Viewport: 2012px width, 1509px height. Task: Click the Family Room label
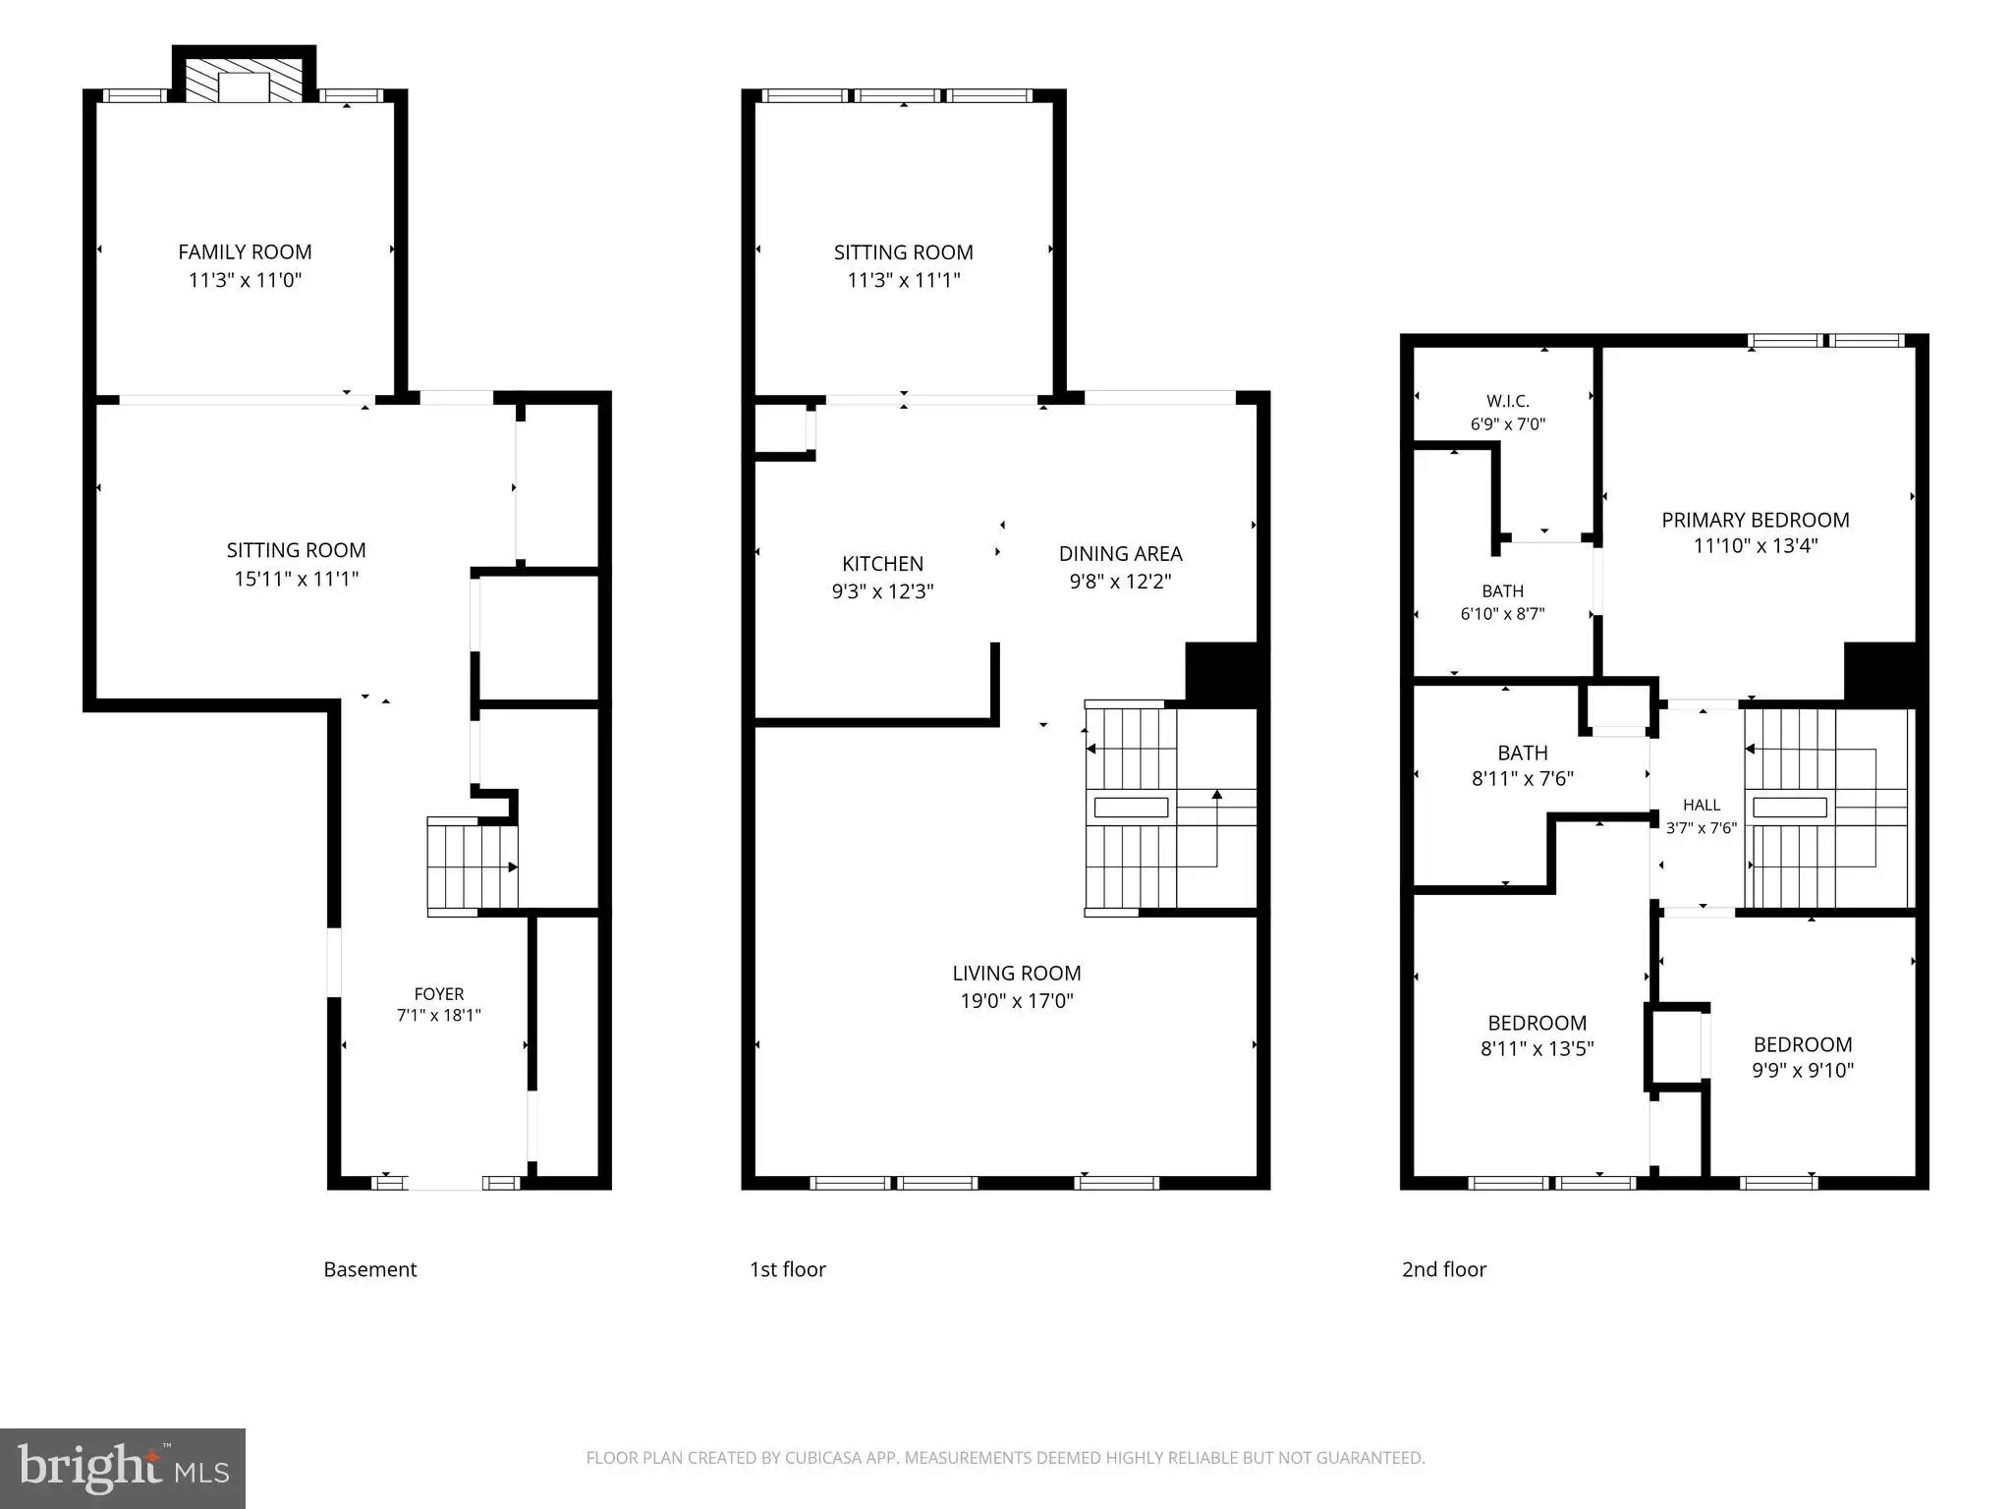point(245,252)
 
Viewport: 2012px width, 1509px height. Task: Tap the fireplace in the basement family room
point(245,74)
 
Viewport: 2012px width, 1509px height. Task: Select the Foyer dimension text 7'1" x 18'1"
point(439,1015)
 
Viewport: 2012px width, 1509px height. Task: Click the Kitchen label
point(882,564)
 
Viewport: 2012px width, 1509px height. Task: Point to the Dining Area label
point(1121,554)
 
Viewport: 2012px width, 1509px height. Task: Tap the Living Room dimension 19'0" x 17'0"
point(1017,1001)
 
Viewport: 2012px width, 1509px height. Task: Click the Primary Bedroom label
point(1756,520)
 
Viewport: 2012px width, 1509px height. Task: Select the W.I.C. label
point(1508,401)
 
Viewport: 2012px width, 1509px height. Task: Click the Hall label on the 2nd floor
point(1702,805)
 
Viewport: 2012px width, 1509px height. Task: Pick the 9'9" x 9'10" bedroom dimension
point(1803,1070)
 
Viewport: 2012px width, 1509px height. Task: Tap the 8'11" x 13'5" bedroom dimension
point(1537,1048)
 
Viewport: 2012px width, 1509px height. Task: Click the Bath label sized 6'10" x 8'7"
point(1503,591)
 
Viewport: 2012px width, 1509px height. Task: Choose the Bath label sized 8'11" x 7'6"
point(1523,754)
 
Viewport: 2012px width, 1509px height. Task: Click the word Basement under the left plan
point(370,1269)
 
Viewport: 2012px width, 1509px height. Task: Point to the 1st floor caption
point(788,1269)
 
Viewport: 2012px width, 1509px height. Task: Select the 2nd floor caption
point(1444,1269)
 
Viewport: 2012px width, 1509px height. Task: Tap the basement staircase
point(473,866)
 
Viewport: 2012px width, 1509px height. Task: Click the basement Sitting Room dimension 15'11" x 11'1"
point(297,579)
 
